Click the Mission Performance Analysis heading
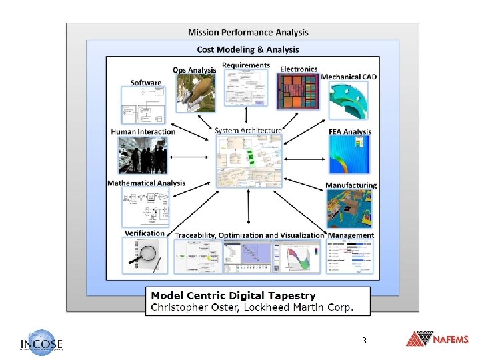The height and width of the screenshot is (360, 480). pyautogui.click(x=248, y=32)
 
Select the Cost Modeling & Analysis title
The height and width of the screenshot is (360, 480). pyautogui.click(x=248, y=49)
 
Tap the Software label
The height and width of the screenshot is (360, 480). pyautogui.click(x=146, y=83)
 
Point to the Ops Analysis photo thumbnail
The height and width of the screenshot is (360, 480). pyautogui.click(x=195, y=92)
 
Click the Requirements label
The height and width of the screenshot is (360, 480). pyautogui.click(x=246, y=65)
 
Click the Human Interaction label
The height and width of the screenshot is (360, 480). pyautogui.click(x=143, y=131)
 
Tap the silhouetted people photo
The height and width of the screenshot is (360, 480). pyautogui.click(x=143, y=157)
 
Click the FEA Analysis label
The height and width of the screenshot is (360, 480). pyautogui.click(x=350, y=132)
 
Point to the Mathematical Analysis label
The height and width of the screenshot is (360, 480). pyautogui.click(x=147, y=183)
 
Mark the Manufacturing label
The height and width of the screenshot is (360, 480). pyautogui.click(x=351, y=185)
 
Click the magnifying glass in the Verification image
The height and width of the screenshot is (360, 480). pyautogui.click(x=149, y=253)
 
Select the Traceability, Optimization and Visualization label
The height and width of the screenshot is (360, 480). pyautogui.click(x=249, y=235)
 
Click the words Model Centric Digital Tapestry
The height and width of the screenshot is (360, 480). pyautogui.click(x=233, y=295)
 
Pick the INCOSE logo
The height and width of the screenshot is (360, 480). pyautogui.click(x=41, y=342)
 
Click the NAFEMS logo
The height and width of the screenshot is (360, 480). pyautogui.click(x=437, y=339)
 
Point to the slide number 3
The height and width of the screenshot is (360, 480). pyautogui.click(x=364, y=341)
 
